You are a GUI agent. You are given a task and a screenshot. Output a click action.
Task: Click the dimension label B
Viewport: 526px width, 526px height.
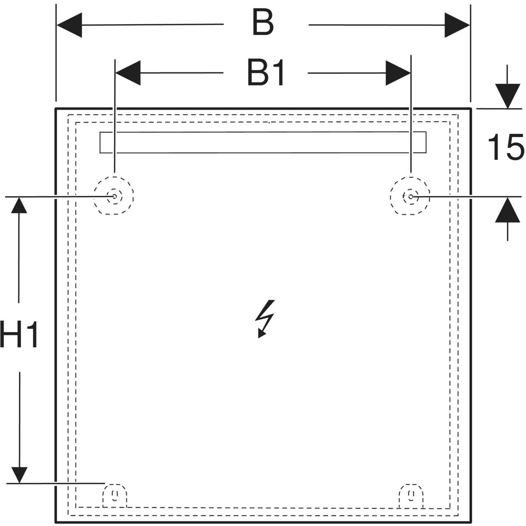pos(263,22)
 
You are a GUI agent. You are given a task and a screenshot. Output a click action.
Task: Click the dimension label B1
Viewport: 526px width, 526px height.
pos(266,73)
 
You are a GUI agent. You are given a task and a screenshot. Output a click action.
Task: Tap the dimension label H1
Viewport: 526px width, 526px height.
pos(18,334)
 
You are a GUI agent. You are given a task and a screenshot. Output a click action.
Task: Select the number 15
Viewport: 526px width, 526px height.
pos(506,147)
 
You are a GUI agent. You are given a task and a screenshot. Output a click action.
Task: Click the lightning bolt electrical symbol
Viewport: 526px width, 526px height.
pos(265,319)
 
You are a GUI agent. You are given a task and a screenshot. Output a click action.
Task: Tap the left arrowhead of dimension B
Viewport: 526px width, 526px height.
pos(69,25)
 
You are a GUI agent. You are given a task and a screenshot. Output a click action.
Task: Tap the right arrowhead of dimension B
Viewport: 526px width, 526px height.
pos(457,25)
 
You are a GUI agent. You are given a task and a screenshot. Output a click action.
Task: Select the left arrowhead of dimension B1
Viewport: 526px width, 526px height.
pos(128,73)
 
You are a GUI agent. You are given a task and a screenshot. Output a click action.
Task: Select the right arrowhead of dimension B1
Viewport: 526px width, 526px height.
pos(398,73)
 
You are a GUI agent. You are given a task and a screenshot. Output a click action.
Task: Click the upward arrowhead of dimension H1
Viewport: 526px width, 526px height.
pos(19,205)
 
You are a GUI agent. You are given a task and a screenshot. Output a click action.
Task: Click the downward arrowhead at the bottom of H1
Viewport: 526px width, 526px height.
pos(19,475)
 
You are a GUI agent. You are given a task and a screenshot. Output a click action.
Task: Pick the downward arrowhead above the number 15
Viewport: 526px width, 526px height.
pos(508,96)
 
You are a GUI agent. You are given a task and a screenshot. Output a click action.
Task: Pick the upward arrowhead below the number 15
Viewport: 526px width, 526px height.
pos(508,210)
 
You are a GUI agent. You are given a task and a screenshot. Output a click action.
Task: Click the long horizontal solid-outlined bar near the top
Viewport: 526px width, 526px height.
pos(263,132)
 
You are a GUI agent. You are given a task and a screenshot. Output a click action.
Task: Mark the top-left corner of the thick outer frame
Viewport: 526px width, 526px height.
pos(56,109)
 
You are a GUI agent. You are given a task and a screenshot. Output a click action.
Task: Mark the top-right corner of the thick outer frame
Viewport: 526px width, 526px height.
pos(471,109)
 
